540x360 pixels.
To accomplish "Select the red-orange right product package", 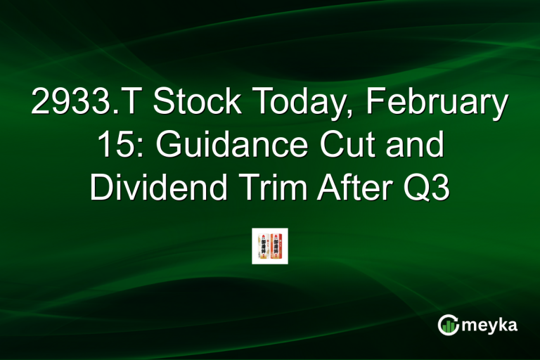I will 277,246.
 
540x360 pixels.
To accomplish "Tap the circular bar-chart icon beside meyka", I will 447,324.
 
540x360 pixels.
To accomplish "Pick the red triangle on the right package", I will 275,236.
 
